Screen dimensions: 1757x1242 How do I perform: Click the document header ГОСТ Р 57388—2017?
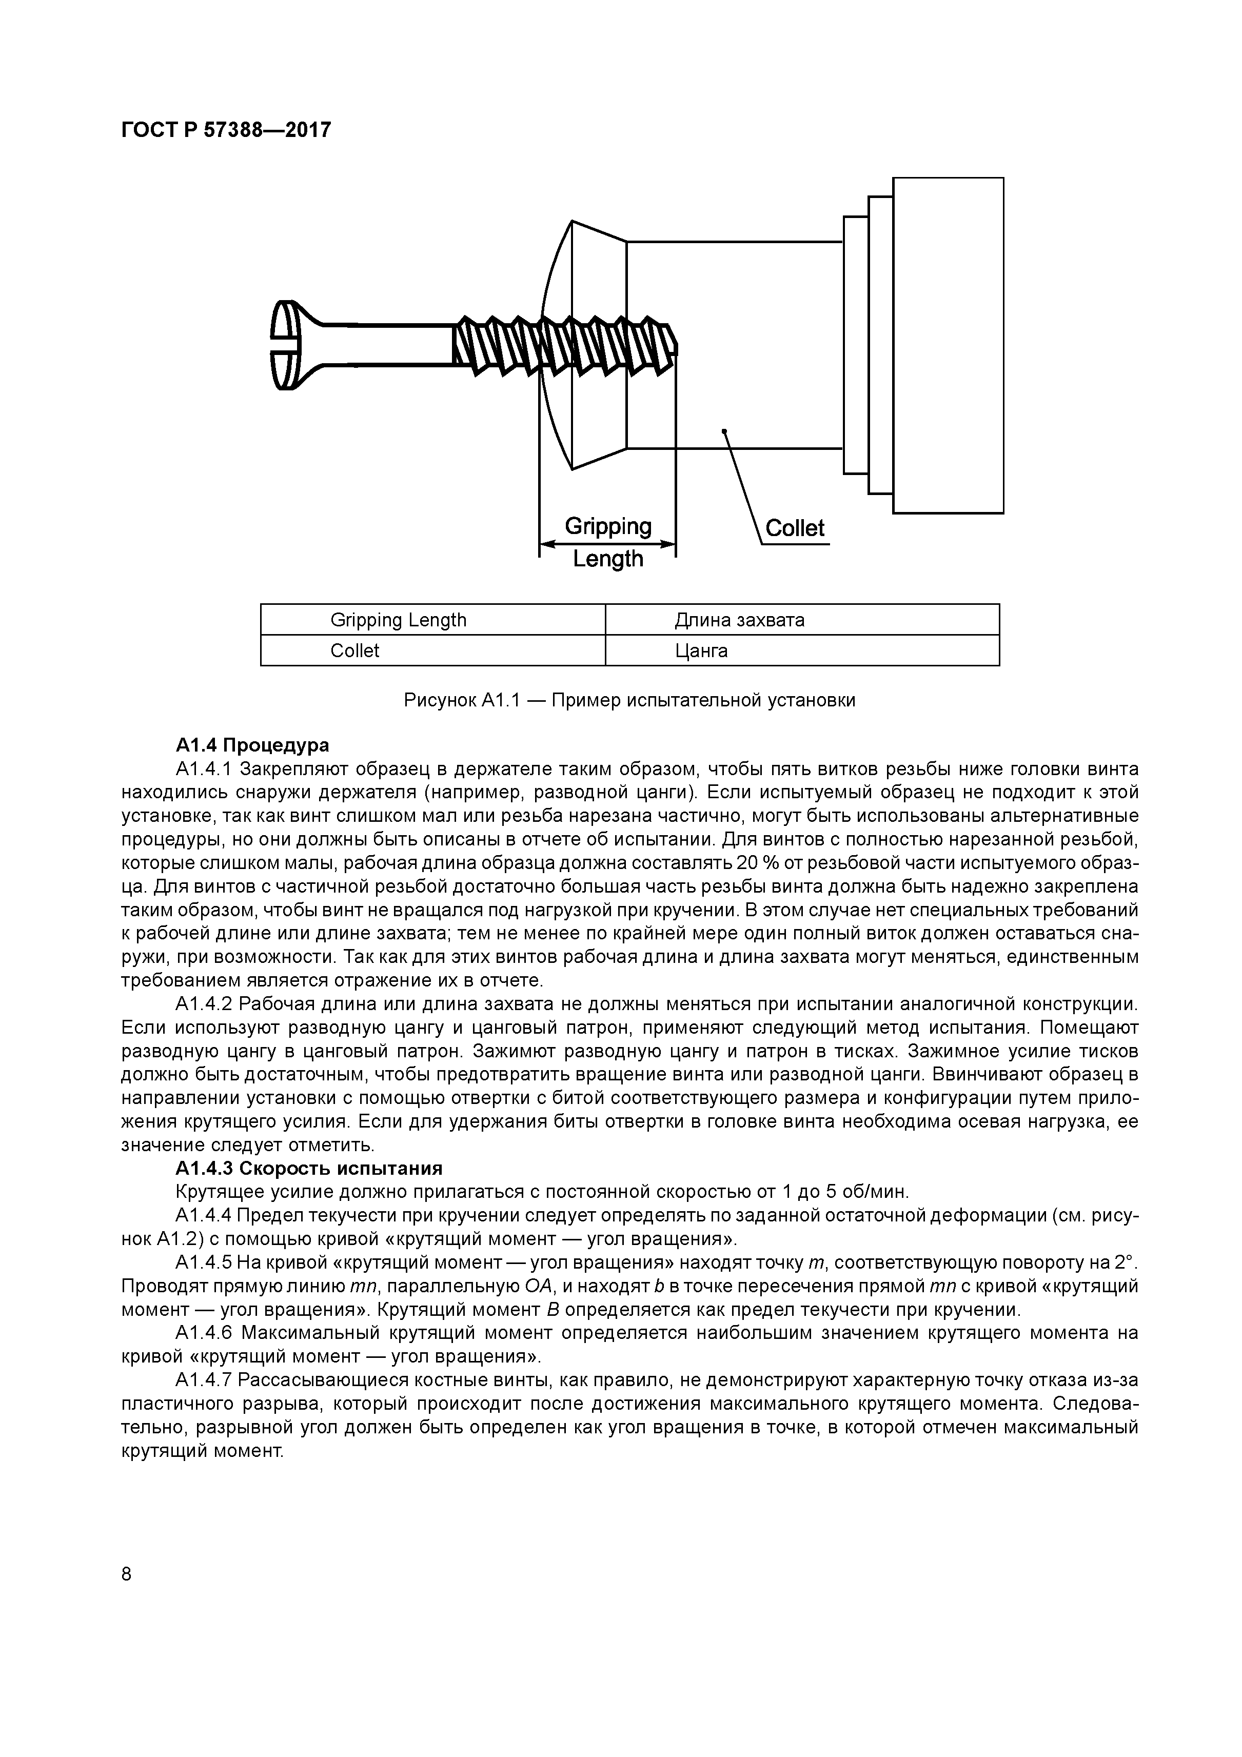[x=226, y=130]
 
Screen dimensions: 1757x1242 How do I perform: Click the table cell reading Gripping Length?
[x=398, y=620]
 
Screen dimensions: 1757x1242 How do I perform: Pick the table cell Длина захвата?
[x=739, y=620]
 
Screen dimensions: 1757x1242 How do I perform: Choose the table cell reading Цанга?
[x=701, y=651]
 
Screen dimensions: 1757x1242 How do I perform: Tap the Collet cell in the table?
[x=355, y=651]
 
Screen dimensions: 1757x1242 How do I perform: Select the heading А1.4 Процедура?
[x=252, y=745]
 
